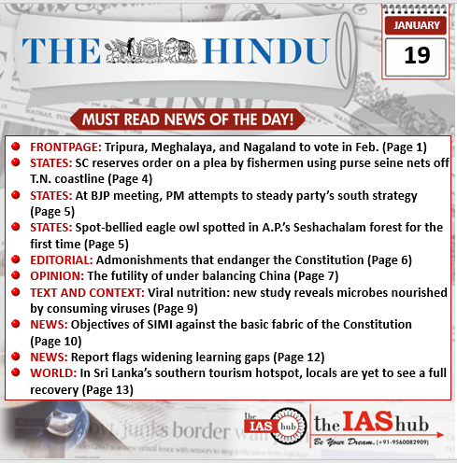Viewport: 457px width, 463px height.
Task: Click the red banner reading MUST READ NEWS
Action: [188, 119]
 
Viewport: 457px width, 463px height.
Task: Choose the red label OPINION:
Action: [56, 276]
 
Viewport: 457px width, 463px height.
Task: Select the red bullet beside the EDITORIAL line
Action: [17, 260]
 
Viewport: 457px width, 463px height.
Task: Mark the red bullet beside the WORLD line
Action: [17, 373]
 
